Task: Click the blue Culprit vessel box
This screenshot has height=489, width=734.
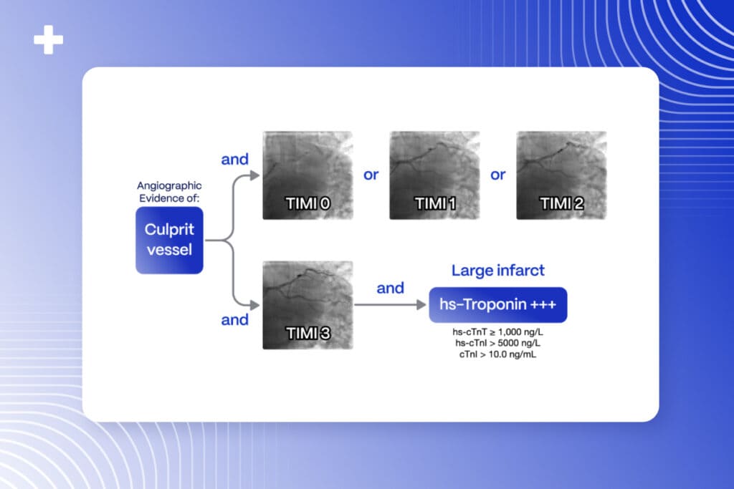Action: pos(169,241)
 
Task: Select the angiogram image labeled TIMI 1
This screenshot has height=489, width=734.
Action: pos(434,175)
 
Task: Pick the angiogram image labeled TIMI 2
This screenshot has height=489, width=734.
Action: pos(561,175)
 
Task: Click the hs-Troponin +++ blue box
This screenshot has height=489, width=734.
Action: pos(497,306)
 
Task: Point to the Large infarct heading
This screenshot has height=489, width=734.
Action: pos(497,271)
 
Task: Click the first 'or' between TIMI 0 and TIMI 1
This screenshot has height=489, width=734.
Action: pos(371,175)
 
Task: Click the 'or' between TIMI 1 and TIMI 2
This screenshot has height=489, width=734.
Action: pos(497,175)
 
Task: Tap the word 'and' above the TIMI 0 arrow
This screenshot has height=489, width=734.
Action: pos(234,159)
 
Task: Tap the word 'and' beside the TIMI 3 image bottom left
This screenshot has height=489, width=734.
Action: pos(234,319)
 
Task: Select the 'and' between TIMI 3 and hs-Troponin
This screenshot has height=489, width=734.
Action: pos(390,288)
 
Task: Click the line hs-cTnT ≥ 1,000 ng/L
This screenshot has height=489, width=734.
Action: pos(497,334)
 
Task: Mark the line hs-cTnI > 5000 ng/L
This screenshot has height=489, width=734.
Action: pos(497,344)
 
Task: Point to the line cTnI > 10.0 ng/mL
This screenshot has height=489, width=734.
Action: pos(497,354)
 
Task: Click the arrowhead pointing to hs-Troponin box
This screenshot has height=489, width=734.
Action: pos(422,306)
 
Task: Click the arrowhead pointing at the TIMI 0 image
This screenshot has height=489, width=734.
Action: pos(256,175)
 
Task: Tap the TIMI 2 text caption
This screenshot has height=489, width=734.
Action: pos(561,203)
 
